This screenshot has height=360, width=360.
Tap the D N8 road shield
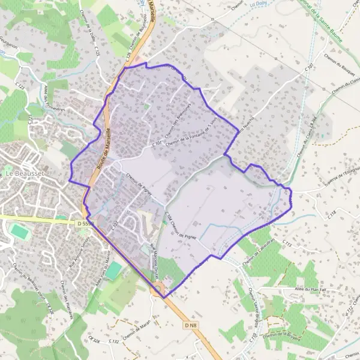point(191,325)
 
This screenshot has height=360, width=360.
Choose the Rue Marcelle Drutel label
point(157,246)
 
